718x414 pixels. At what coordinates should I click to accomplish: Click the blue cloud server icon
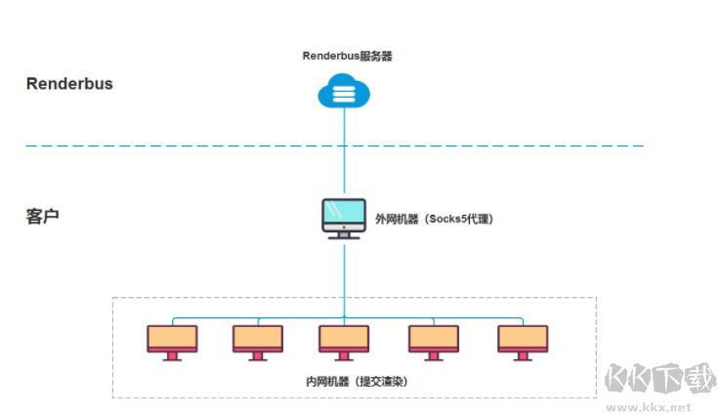[x=344, y=94]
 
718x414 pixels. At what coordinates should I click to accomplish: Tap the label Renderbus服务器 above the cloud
[x=348, y=57]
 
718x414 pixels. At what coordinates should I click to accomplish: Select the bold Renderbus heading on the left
[x=69, y=84]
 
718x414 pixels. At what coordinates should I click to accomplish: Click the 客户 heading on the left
[x=43, y=215]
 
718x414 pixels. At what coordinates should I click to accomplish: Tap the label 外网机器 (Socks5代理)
[x=434, y=220]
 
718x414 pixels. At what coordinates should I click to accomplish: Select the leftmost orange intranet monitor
[x=172, y=339]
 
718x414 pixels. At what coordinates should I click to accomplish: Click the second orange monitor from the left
[x=258, y=339]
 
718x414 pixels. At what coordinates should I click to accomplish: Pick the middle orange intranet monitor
[x=344, y=339]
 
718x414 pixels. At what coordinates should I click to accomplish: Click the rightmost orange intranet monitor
[x=523, y=339]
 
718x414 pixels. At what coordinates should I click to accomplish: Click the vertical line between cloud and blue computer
[x=344, y=156]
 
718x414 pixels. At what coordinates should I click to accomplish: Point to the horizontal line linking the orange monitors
[x=303, y=318]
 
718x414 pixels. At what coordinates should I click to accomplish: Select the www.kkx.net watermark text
[x=649, y=405]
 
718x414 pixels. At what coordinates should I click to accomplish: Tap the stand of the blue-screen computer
[x=344, y=234]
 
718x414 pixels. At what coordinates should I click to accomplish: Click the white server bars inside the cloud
[x=344, y=95]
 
